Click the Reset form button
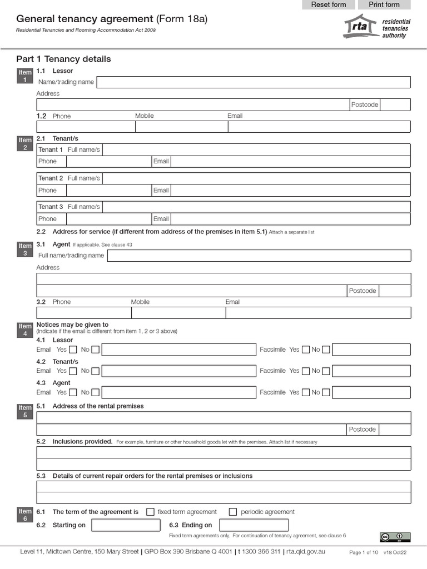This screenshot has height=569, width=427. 328,5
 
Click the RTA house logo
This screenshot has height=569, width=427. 359,26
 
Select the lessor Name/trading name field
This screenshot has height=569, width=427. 254,82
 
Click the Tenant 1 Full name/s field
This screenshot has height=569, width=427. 256,149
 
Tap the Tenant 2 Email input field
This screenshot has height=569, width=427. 290,190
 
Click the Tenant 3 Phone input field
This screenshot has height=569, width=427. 108,219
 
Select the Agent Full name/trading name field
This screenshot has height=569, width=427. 259,256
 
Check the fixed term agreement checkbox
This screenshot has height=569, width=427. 150,512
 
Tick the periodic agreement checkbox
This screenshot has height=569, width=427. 233,512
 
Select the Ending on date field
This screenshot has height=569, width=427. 254,525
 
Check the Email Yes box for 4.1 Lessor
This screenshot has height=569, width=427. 73,350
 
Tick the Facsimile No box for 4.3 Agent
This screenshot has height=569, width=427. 326,392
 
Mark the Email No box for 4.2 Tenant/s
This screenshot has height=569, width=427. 96,371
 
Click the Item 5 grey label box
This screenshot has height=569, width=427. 25,411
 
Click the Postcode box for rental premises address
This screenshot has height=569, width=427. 395,430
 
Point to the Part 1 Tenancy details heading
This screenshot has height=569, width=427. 63,59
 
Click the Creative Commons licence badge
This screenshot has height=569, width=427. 395,537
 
